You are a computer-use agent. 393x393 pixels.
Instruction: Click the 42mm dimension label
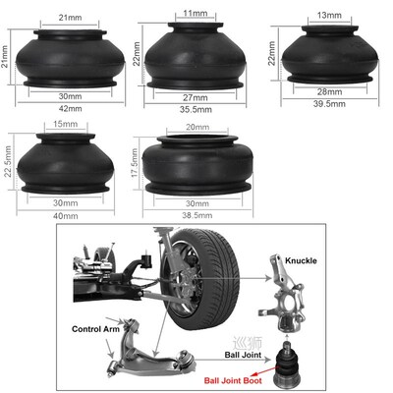69,109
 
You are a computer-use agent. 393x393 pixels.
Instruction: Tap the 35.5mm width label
195,112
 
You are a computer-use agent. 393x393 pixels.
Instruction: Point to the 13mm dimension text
329,17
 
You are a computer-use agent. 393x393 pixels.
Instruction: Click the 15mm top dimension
67,125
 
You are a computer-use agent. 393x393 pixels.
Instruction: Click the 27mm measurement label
196,98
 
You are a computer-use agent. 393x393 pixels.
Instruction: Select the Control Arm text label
95,329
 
